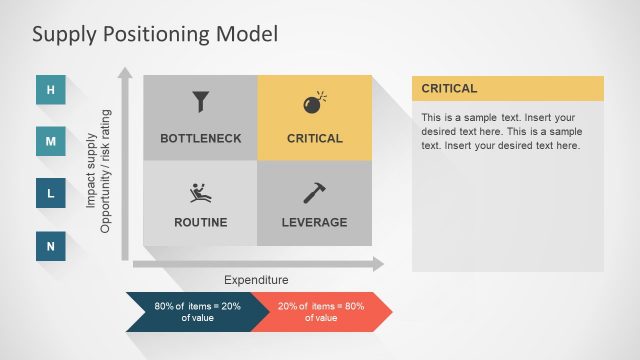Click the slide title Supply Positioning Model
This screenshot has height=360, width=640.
pyautogui.click(x=154, y=34)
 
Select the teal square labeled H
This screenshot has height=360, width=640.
pyautogui.click(x=51, y=91)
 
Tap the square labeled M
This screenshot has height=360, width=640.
pyautogui.click(x=51, y=142)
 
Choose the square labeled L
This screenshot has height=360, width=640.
pyautogui.click(x=51, y=193)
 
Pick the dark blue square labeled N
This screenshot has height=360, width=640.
pyautogui.click(x=51, y=245)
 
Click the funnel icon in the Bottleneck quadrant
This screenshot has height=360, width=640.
pyautogui.click(x=201, y=102)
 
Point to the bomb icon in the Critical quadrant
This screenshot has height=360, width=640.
pyautogui.click(x=315, y=103)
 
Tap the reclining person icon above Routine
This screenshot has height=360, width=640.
pyautogui.click(x=200, y=192)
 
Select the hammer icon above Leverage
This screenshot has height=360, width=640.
pyautogui.click(x=315, y=193)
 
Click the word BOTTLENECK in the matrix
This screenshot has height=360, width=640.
pyautogui.click(x=201, y=138)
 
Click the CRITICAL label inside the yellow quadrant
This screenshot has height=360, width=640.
pyautogui.click(x=315, y=138)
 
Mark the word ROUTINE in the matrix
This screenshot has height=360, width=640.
pyautogui.click(x=201, y=222)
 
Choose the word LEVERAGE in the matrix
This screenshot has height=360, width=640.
pyautogui.click(x=315, y=222)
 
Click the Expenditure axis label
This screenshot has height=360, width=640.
pyautogui.click(x=257, y=281)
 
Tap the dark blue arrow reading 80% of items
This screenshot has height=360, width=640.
pyautogui.click(x=190, y=311)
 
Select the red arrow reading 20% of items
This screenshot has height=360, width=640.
pyautogui.click(x=320, y=311)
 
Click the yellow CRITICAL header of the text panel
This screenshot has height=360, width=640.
pyautogui.click(x=508, y=88)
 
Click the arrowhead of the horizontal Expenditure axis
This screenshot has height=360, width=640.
pyautogui.click(x=377, y=264)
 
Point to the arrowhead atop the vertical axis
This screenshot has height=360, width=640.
pyautogui.click(x=125, y=73)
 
